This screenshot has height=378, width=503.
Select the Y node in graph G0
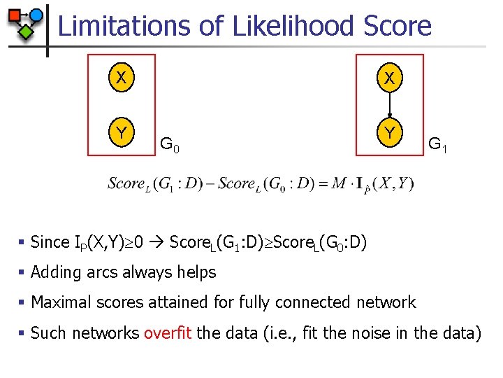pyautogui.click(x=122, y=132)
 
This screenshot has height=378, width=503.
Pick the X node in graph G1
pyautogui.click(x=390, y=79)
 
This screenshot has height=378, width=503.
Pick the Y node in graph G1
pyautogui.click(x=390, y=132)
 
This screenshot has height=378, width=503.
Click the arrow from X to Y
pyautogui.click(x=390, y=105)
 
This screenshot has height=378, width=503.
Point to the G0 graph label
pyautogui.click(x=170, y=146)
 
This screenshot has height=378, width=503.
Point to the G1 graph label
pyautogui.click(x=438, y=146)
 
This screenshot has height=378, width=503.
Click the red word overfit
pyautogui.click(x=168, y=332)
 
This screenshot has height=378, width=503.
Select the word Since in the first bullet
pyautogui.click(x=50, y=242)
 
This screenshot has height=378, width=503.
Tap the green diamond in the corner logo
pyautogui.click(x=25, y=31)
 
